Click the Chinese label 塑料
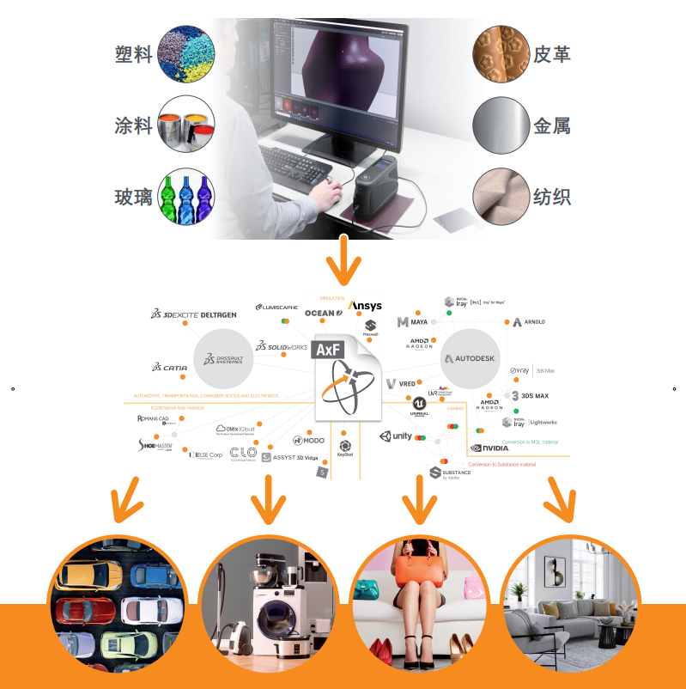coord(133,53)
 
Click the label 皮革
coord(551,53)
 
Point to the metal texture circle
coord(500,125)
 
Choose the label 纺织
coord(551,197)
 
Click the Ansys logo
coord(365,306)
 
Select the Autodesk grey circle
coord(469,357)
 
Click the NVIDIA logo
coord(490,448)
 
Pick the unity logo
coord(398,436)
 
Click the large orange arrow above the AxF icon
coord(345,259)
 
